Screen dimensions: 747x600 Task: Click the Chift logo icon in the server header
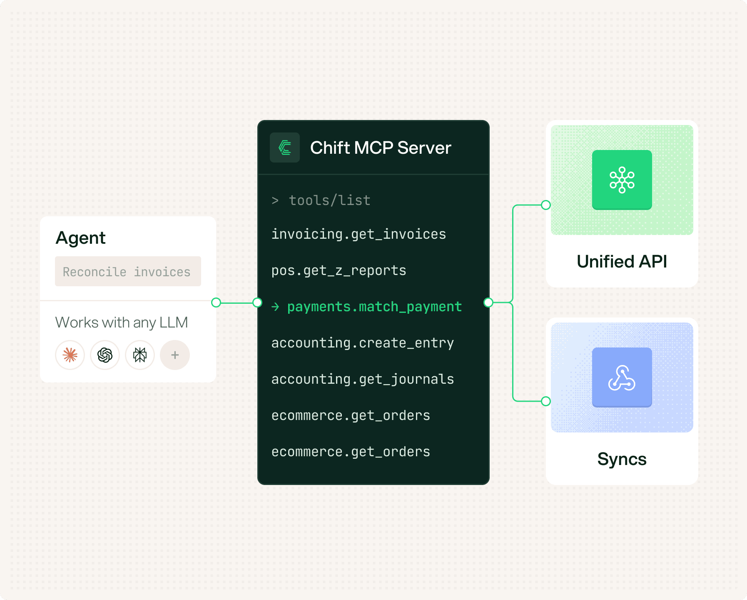285,147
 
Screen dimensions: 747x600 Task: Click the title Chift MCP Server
381,148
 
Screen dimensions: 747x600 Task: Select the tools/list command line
321,200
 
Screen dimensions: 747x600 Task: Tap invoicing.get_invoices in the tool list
359,234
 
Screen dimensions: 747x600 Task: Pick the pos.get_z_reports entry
339,270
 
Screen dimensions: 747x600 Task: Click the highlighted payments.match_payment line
367,307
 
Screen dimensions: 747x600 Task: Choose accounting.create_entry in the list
363,343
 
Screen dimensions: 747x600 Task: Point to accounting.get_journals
363,379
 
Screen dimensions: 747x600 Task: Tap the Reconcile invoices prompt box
128,271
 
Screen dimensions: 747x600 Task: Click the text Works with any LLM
122,322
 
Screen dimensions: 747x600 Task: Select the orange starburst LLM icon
70,355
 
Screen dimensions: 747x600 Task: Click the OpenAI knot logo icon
105,355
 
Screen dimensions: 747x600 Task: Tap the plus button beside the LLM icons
175,355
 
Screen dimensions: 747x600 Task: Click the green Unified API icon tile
622,180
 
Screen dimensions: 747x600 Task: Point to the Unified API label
622,262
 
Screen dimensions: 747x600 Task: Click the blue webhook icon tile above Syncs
622,377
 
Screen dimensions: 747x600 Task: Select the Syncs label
622,459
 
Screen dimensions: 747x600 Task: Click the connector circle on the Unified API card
546,205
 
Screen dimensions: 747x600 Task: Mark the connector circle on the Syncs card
546,401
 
